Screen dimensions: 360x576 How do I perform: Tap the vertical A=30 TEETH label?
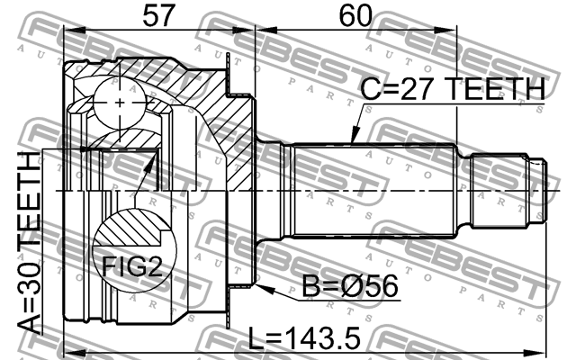point(31,243)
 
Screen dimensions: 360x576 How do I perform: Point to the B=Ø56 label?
point(346,289)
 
